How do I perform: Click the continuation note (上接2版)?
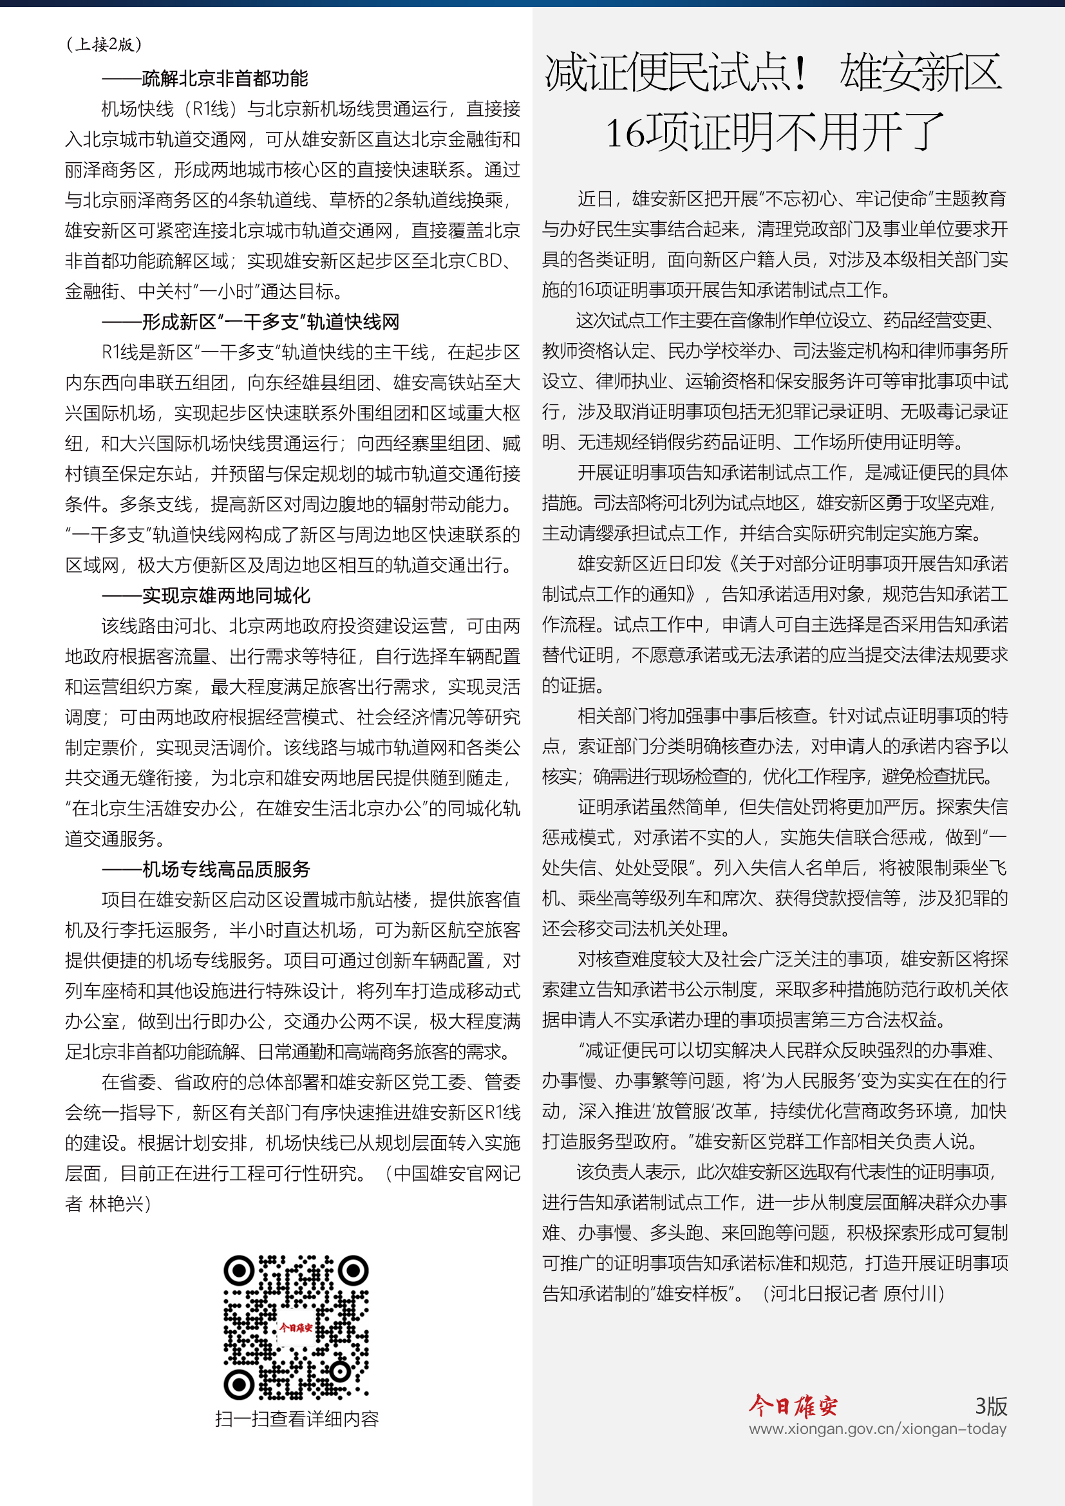pos(104,44)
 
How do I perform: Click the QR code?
pos(296,1328)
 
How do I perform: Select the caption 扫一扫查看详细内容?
pos(296,1420)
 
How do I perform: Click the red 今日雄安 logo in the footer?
pos(793,1406)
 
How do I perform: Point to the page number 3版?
pos(990,1406)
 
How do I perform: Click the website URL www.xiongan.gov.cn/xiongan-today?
pos(878,1429)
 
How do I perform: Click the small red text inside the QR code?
pos(296,1328)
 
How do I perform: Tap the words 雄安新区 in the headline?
pos(921,73)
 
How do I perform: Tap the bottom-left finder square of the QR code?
pos(240,1384)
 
